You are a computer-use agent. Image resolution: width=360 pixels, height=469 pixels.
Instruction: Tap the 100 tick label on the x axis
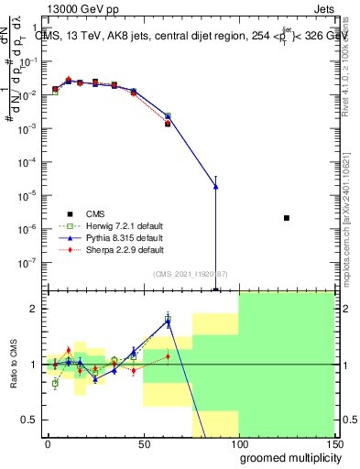point(238,443)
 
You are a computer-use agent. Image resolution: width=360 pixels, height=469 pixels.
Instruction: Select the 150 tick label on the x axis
point(333,443)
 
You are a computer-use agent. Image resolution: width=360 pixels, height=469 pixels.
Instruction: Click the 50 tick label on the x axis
point(143,443)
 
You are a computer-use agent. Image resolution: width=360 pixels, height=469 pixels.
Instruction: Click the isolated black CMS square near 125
point(287,218)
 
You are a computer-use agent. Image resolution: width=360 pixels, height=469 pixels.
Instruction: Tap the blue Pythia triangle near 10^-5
point(215,186)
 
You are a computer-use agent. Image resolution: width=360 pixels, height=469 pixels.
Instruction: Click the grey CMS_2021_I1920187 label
point(191,273)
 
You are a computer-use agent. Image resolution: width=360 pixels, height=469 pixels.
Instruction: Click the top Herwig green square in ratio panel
point(168,320)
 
